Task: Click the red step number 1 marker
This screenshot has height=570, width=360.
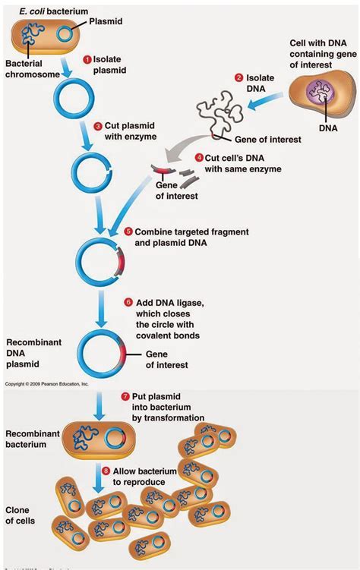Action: click(x=87, y=58)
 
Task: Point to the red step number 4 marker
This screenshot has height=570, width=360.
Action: click(x=199, y=158)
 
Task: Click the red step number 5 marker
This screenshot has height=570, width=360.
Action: click(x=128, y=231)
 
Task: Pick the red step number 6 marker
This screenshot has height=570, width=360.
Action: click(x=128, y=302)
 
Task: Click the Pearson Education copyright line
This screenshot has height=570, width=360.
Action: click(x=47, y=385)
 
